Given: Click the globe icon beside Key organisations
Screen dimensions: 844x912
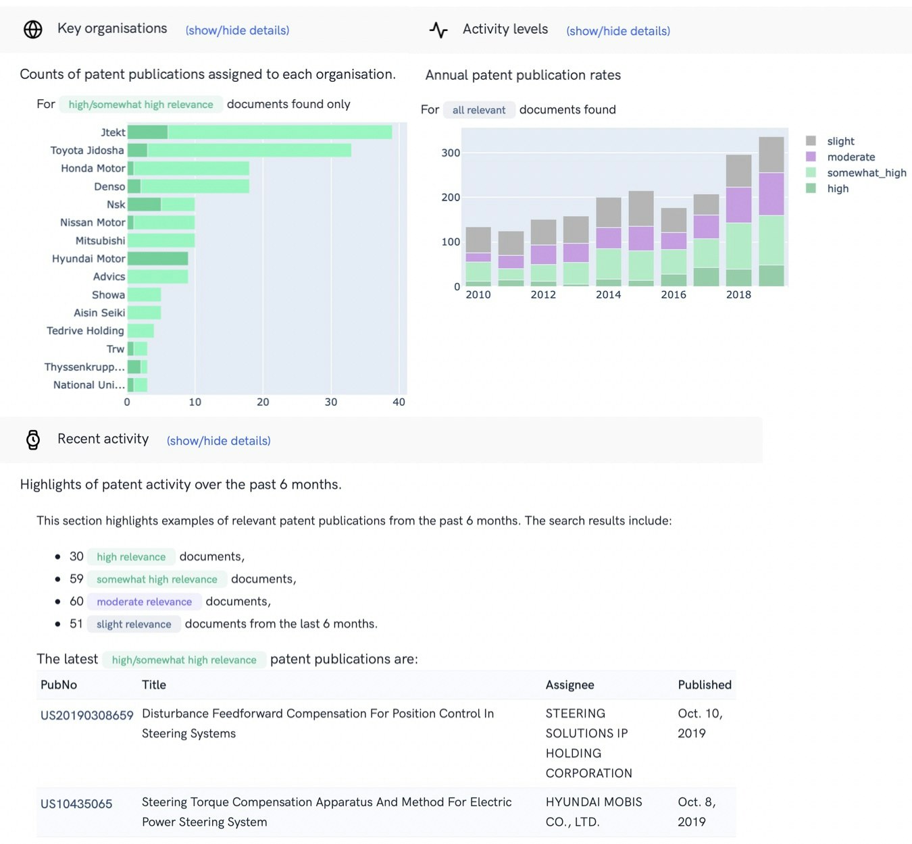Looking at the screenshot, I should click(x=32, y=29).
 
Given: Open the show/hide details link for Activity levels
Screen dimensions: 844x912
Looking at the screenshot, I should click(x=617, y=31).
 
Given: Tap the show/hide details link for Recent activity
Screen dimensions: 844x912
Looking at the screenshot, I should click(x=218, y=441).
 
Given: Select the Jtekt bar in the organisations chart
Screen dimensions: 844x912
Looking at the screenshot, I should click(x=259, y=132).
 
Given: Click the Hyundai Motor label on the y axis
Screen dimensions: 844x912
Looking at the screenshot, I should click(x=88, y=259).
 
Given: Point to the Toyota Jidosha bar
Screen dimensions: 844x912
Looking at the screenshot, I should click(x=239, y=151).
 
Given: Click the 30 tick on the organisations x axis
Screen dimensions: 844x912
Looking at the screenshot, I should click(x=330, y=402).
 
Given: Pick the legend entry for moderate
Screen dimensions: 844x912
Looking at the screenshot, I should click(x=851, y=157).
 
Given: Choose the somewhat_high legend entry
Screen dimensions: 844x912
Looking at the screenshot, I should click(x=866, y=173).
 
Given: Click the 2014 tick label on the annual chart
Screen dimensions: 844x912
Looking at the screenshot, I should click(x=608, y=294).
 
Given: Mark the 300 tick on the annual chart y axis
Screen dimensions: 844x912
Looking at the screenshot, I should click(x=451, y=153).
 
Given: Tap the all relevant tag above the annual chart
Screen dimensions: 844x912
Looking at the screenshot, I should click(x=479, y=110).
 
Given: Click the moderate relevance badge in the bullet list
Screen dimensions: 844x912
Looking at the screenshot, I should click(x=144, y=602).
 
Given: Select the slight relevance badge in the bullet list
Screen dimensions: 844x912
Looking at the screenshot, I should click(x=134, y=625).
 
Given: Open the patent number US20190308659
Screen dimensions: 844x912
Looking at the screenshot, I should click(x=86, y=715).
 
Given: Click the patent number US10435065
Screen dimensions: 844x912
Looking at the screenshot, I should click(x=76, y=804).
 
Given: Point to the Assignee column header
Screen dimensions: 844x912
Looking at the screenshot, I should click(x=569, y=685).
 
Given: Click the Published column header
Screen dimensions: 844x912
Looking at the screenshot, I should click(x=704, y=685).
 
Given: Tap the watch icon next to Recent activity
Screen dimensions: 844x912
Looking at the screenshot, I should click(x=32, y=440).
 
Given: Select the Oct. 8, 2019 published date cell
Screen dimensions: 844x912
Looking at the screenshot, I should click(x=696, y=812).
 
